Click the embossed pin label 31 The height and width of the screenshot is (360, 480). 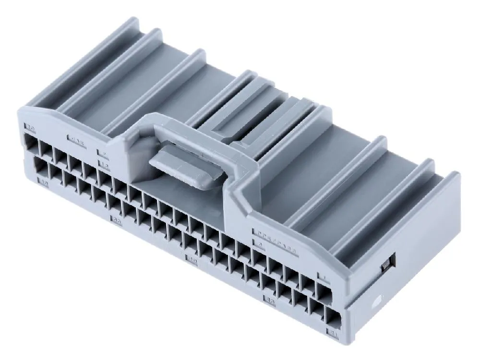point(332,332)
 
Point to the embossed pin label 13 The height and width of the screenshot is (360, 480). point(103,165)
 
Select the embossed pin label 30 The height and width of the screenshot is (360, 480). point(30,128)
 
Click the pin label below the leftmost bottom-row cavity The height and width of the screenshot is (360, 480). point(45,182)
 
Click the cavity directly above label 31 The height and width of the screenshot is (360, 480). point(333,317)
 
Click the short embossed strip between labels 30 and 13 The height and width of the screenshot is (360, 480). point(77,141)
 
